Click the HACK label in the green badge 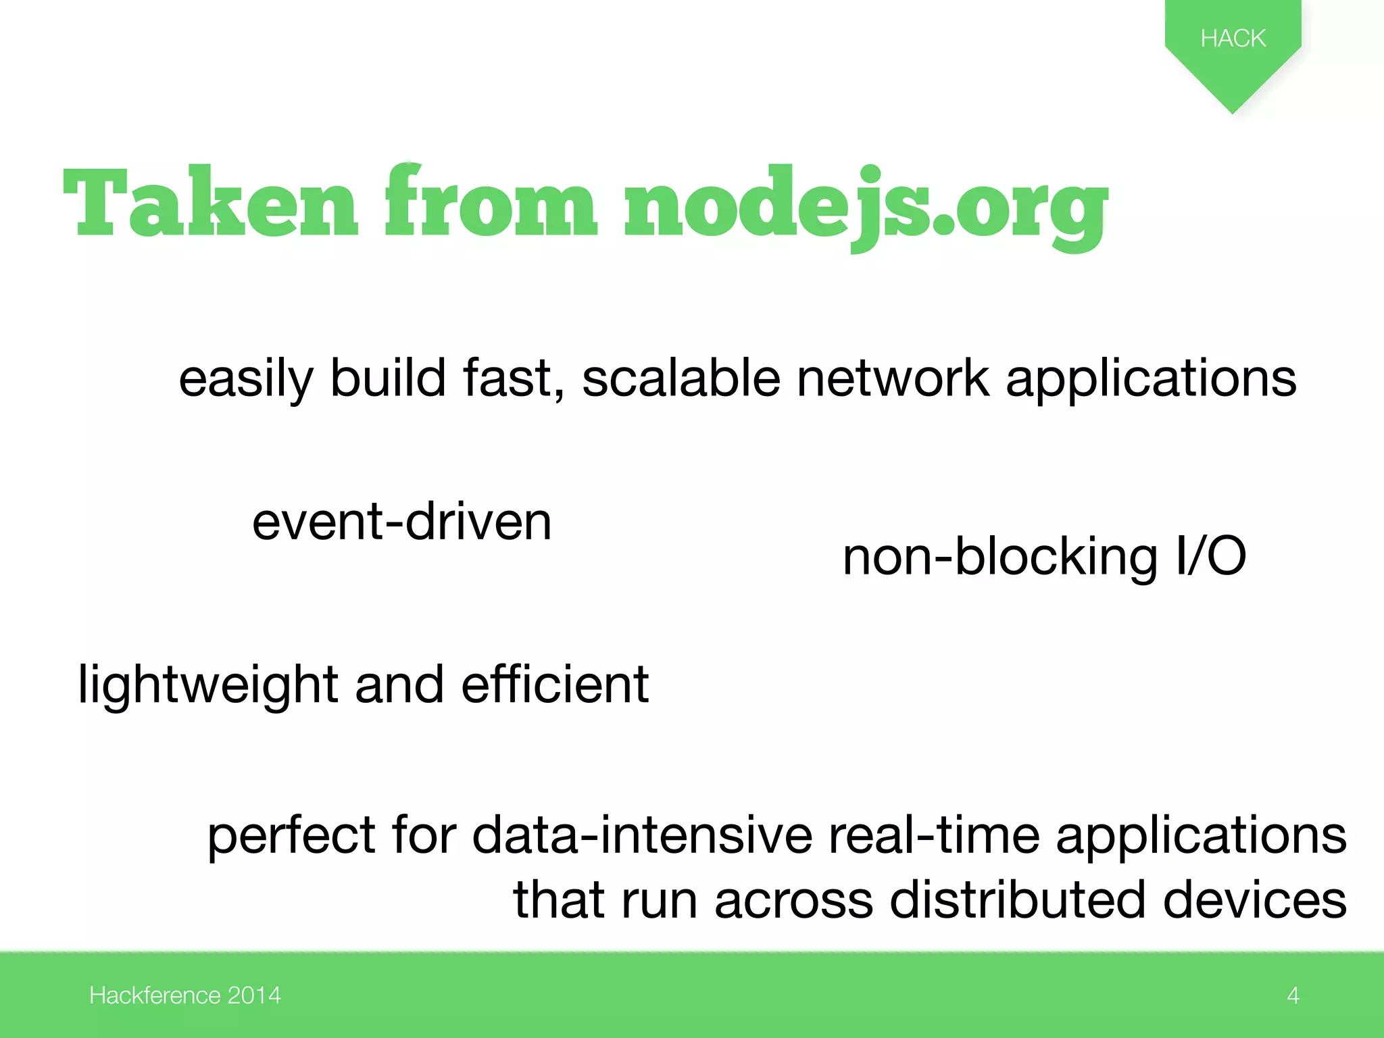pyautogui.click(x=1233, y=38)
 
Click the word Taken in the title pyautogui.click(x=209, y=203)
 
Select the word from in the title pyautogui.click(x=491, y=203)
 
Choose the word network pyautogui.click(x=893, y=378)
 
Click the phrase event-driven pyautogui.click(x=402, y=522)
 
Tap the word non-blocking pyautogui.click(x=1000, y=558)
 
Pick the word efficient pyautogui.click(x=555, y=685)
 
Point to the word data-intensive pyautogui.click(x=642, y=836)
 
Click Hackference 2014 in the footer pyautogui.click(x=184, y=995)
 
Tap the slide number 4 pyautogui.click(x=1293, y=995)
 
